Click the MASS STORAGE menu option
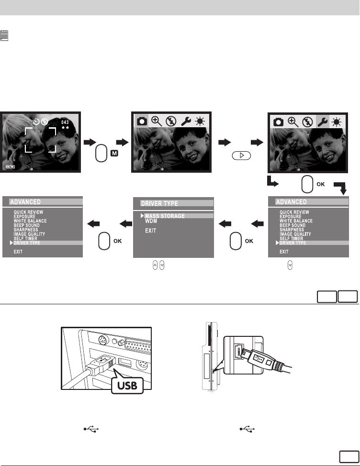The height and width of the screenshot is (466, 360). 165,216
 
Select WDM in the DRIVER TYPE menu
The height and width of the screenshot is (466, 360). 151,222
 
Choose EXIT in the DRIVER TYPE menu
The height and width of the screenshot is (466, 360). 151,231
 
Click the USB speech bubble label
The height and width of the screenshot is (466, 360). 127,385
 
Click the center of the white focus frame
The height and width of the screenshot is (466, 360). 41,139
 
